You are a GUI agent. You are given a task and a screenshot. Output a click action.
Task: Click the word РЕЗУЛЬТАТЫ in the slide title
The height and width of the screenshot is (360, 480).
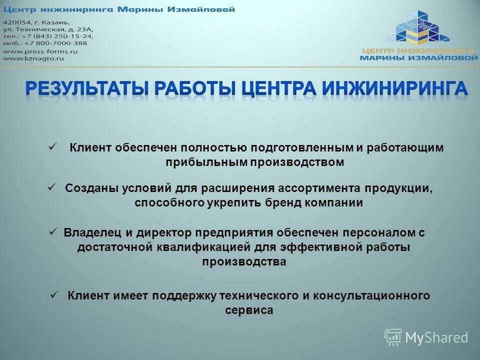point(86,88)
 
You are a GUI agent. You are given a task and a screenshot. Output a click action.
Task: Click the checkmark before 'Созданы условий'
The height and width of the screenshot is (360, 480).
point(50,186)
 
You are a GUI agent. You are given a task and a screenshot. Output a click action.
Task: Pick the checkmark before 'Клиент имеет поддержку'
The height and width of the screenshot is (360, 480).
point(55,294)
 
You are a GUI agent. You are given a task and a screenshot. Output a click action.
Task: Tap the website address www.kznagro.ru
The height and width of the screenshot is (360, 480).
point(34,58)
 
